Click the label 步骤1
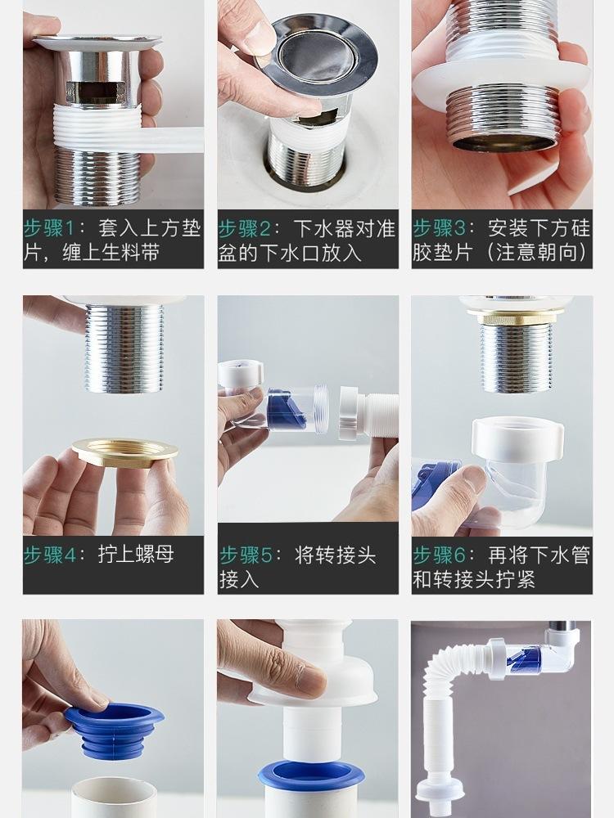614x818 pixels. [50, 229]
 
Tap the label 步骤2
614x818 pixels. [244, 229]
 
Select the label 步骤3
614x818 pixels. [439, 228]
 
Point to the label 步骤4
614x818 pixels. [50, 555]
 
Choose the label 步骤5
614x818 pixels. [246, 555]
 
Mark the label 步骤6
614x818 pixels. [440, 555]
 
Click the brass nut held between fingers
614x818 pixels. [125, 450]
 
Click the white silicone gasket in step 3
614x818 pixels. [501, 86]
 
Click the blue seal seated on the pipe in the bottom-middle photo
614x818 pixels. [311, 775]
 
